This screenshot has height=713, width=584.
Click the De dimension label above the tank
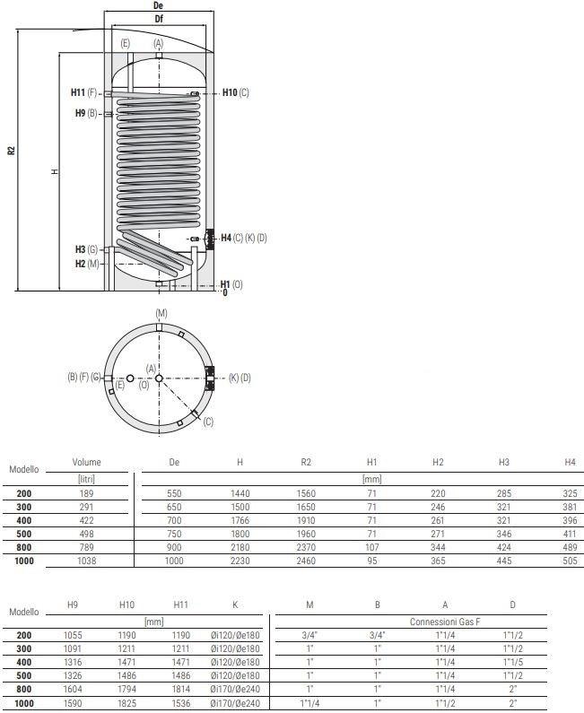[x=159, y=5]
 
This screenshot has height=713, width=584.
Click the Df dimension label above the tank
[x=159, y=19]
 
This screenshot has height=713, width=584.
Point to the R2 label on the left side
[x=11, y=151]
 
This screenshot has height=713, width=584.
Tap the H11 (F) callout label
[x=84, y=92]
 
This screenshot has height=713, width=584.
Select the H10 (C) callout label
[x=235, y=93]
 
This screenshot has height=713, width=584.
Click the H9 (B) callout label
[x=86, y=113]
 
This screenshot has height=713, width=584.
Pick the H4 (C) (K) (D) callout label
[x=243, y=238]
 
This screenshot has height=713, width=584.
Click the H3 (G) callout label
[x=86, y=249]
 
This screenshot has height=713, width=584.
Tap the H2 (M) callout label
[x=86, y=264]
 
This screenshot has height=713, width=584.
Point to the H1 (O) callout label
[x=231, y=284]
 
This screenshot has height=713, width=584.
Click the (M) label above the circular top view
[x=161, y=313]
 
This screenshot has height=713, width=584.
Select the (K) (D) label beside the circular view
[x=240, y=378]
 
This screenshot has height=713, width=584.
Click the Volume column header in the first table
[x=87, y=463]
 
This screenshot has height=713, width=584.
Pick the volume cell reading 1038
[x=87, y=561]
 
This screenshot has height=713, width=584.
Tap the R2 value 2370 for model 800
[x=306, y=547]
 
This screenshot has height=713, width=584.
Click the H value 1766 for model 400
[x=240, y=520]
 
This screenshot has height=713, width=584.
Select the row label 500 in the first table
[x=24, y=534]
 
